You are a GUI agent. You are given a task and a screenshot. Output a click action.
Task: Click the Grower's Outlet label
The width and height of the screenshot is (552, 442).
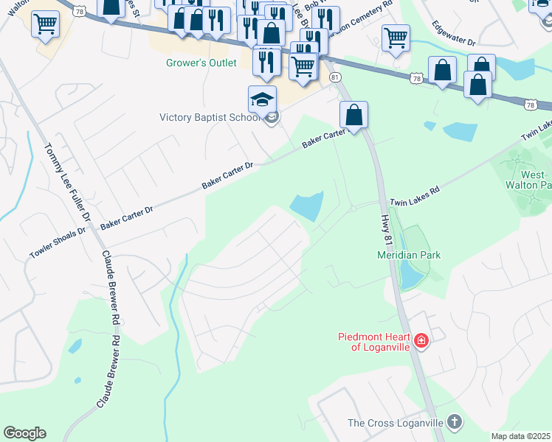(201, 63)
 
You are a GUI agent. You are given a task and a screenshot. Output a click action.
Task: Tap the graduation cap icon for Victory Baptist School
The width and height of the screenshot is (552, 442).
(262, 99)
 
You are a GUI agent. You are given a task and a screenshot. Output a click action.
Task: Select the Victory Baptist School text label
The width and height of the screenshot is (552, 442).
(210, 117)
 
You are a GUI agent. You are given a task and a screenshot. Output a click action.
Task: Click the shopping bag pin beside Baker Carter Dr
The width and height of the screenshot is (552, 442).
(353, 115)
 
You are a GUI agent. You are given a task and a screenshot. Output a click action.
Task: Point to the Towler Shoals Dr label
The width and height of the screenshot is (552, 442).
(58, 241)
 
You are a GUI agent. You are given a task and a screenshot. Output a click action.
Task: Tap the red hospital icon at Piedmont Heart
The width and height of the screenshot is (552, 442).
(421, 340)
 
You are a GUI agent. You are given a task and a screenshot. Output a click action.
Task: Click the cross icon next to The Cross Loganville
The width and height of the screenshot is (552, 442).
(455, 422)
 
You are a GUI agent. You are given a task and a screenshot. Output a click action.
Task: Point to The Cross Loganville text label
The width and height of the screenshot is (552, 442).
(395, 423)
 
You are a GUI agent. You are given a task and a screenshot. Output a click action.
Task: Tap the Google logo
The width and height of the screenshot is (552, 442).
(24, 433)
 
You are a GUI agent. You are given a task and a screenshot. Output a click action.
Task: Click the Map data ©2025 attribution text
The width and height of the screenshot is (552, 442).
(521, 436)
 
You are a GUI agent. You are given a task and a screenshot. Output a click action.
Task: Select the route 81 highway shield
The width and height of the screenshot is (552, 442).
(336, 77)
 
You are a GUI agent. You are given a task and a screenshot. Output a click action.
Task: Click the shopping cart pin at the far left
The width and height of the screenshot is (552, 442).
(45, 24)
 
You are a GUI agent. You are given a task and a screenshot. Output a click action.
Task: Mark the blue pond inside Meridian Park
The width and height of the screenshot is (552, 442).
(407, 276)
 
